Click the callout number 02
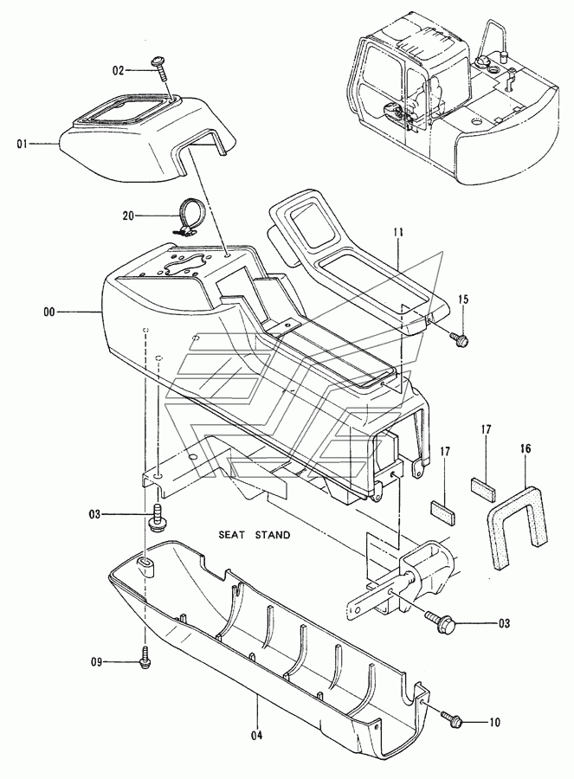(x=118, y=71)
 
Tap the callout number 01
(x=22, y=144)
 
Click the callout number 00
(x=50, y=312)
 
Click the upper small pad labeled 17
(x=484, y=488)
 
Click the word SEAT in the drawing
(x=230, y=536)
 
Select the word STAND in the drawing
(x=273, y=536)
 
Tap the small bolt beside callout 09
(x=145, y=659)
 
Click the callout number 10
(x=494, y=723)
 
